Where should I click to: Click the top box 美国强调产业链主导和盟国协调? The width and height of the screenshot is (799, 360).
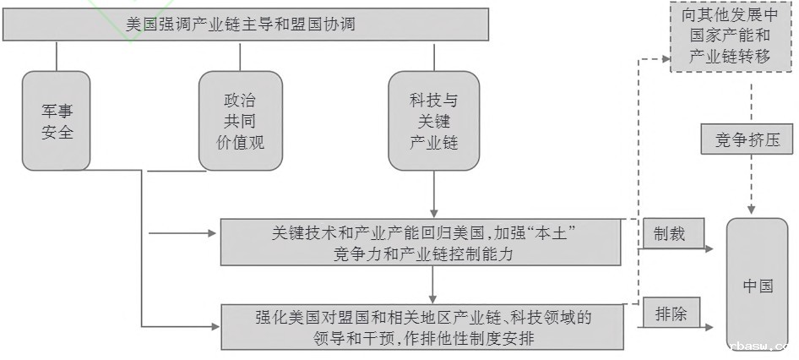tap(246, 25)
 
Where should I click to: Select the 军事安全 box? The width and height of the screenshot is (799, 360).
tap(57, 121)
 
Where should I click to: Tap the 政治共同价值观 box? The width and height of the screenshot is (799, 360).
tap(241, 121)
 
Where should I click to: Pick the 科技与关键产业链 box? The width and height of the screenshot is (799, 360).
tap(434, 121)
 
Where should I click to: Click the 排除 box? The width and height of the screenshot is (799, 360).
tap(671, 315)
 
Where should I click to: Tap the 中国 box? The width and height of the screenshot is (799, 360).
tap(758, 286)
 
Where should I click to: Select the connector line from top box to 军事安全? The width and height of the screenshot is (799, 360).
tap(57, 55)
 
